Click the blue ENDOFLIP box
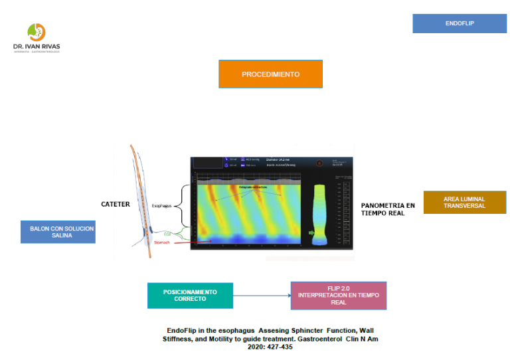point(459,23)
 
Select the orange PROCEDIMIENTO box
point(270,74)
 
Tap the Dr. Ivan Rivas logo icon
point(37,33)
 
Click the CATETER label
point(115,205)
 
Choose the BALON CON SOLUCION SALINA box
point(58,232)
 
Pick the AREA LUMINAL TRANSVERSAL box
point(464,203)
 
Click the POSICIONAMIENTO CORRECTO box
point(190,295)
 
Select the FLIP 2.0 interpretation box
point(338,295)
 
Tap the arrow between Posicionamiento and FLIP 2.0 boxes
point(262,295)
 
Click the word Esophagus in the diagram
point(161,206)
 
